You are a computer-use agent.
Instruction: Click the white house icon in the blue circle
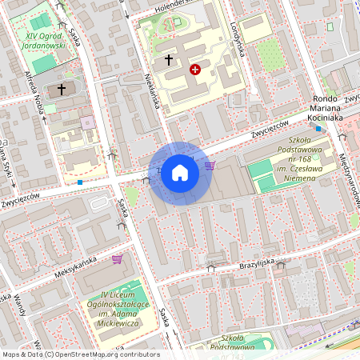click(180, 172)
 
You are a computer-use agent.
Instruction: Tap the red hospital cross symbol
click(194, 70)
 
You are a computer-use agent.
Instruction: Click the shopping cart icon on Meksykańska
click(118, 258)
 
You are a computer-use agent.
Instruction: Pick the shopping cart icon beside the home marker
click(210, 166)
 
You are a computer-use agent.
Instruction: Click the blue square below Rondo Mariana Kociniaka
click(318, 128)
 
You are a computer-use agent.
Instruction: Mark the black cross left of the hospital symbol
click(169, 59)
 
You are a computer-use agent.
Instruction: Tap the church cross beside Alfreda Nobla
click(59, 90)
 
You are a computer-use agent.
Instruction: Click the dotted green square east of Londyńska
click(269, 54)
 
